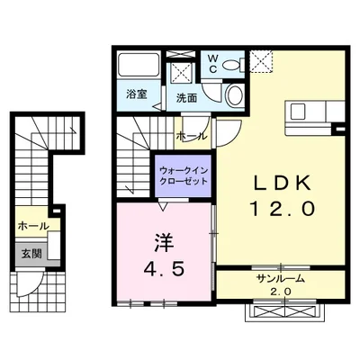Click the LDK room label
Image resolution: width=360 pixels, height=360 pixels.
282,184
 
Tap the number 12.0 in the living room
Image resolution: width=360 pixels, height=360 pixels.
283,208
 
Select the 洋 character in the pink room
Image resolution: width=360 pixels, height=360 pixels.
164,243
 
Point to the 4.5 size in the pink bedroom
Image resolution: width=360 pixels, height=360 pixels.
164,270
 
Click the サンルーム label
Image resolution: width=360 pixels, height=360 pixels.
281,279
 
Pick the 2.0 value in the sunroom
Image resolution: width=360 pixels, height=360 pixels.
282,292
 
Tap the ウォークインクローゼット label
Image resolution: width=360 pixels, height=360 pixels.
184,176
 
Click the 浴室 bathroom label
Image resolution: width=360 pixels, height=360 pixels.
137,94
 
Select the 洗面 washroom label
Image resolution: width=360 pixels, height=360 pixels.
186,98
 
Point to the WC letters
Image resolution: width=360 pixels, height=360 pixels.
212,64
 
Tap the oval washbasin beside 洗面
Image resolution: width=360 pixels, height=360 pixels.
235,95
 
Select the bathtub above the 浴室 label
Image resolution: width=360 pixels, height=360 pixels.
139,65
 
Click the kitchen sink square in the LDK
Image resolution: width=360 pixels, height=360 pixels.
298,112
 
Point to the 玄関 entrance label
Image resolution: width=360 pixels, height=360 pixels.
31,254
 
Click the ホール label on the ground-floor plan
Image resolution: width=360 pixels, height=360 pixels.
33,226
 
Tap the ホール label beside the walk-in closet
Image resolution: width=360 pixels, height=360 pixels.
192,136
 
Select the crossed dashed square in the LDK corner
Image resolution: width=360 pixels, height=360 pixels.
262,61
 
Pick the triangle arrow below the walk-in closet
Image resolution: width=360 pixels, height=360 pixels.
163,207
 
